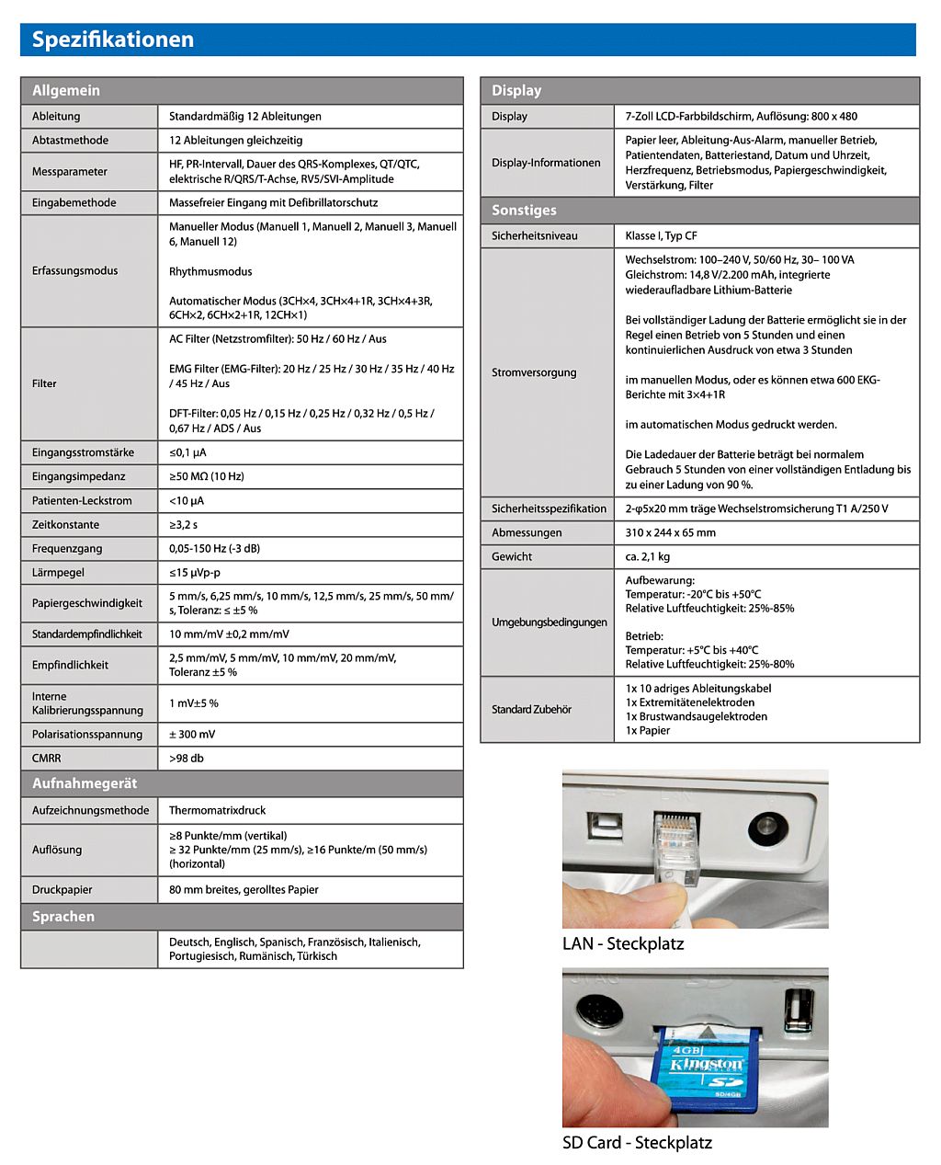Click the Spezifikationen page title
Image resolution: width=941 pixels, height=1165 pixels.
click(113, 40)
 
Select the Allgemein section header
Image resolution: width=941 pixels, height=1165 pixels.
click(66, 90)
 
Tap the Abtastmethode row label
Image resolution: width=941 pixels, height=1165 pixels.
click(70, 140)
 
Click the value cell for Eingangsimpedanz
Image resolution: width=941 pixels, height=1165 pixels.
click(207, 476)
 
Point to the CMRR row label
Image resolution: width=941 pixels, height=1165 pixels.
click(47, 758)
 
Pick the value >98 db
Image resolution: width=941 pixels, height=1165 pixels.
click(187, 758)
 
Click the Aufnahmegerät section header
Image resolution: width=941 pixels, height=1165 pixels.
click(85, 783)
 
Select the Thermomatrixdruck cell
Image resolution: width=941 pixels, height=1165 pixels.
click(218, 810)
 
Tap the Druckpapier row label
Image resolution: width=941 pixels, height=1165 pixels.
click(62, 889)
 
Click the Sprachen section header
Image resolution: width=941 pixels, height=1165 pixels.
click(63, 917)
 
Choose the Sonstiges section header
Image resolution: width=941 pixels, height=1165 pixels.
click(524, 210)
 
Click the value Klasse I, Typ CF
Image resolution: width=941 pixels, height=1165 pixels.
click(661, 235)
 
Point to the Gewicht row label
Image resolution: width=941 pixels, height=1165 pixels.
click(512, 556)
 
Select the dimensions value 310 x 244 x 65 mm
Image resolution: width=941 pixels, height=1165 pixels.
click(670, 532)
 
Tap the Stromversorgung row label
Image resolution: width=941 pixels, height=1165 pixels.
click(534, 372)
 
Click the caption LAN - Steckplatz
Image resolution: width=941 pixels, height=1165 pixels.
click(623, 943)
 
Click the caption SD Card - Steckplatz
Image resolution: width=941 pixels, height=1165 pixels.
click(637, 1143)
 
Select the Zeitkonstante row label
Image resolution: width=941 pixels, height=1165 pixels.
click(65, 524)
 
